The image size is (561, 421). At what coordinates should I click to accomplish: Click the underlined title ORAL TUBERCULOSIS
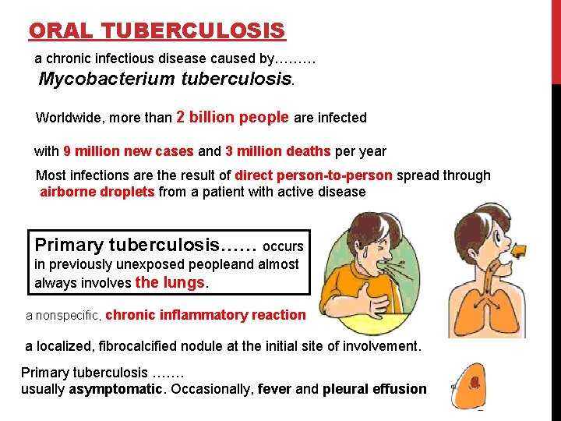(157, 31)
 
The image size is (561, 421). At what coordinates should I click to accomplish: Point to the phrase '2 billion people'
(233, 118)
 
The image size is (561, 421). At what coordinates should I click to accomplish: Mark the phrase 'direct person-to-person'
(314, 175)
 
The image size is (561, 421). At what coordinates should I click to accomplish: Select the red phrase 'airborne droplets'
(97, 192)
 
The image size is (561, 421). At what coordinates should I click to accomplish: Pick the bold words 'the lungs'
(171, 282)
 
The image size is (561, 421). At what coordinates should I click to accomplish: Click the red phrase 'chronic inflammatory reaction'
(205, 315)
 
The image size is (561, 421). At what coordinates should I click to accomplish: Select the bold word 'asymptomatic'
(116, 389)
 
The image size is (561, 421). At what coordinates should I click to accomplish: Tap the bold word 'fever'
(275, 389)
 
